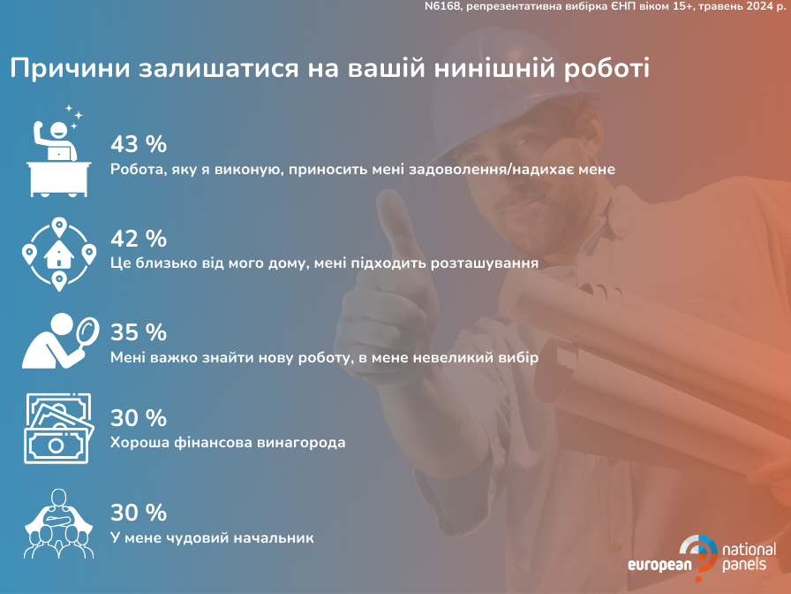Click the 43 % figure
click(x=139, y=144)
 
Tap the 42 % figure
click(x=139, y=239)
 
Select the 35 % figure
click(x=139, y=332)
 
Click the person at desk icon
click(x=59, y=151)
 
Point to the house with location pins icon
click(x=59, y=255)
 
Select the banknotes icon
click(x=58, y=429)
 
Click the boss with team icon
click(x=58, y=523)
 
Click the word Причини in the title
click(x=70, y=69)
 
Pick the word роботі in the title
click(x=606, y=69)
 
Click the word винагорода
click(x=301, y=443)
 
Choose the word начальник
click(x=272, y=537)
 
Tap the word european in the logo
click(x=659, y=565)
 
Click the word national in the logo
click(x=750, y=550)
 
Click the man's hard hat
click(x=515, y=86)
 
